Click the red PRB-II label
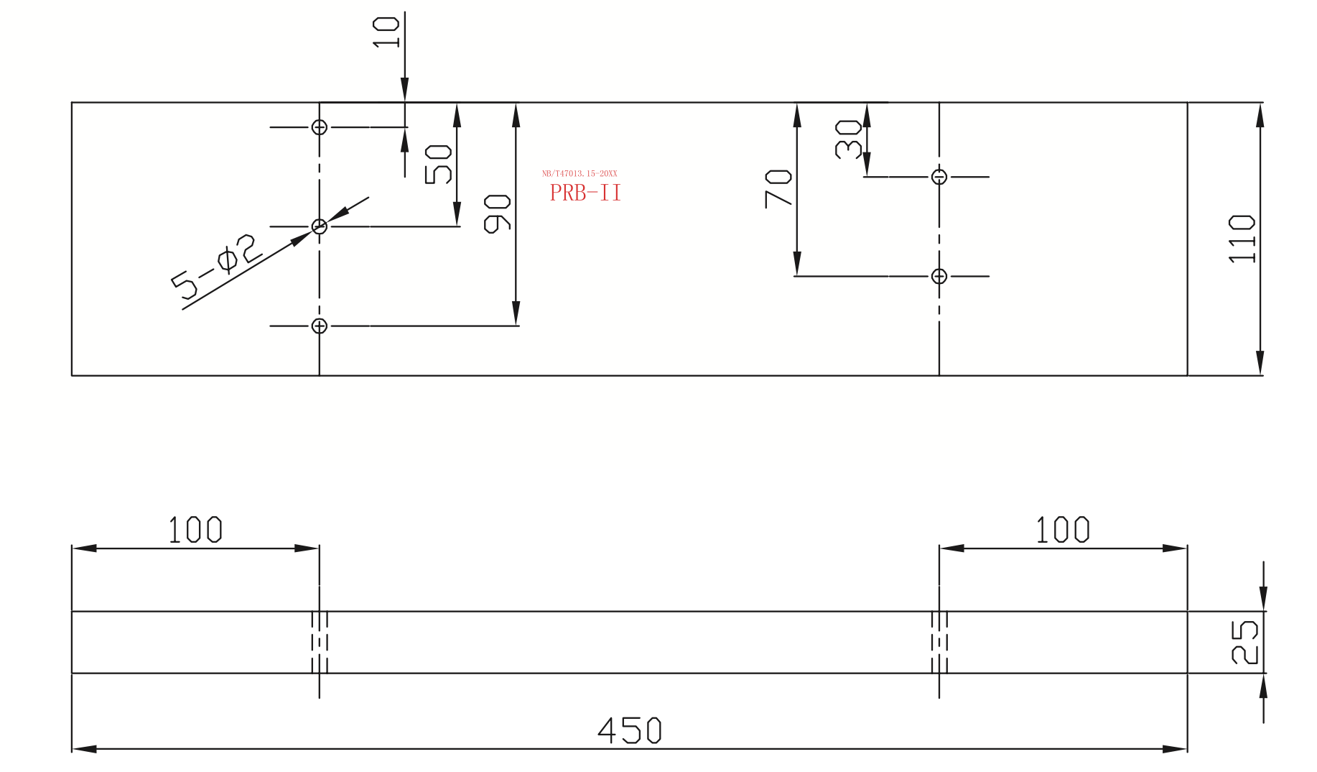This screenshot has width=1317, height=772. click(585, 193)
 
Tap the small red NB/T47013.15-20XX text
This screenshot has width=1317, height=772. click(580, 173)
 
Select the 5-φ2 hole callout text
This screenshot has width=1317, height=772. click(216, 265)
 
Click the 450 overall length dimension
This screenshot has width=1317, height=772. click(629, 730)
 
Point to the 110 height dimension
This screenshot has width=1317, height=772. click(1242, 239)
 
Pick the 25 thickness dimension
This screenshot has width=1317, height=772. click(1245, 642)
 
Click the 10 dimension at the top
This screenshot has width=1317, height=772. click(386, 32)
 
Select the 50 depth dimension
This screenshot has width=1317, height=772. click(438, 164)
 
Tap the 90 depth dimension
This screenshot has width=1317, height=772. click(497, 213)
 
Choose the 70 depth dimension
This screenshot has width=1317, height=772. click(778, 188)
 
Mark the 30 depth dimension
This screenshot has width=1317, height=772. click(848, 139)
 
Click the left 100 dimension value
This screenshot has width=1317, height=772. click(195, 530)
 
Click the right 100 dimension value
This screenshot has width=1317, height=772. click(1062, 530)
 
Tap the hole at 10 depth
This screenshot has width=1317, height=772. click(320, 127)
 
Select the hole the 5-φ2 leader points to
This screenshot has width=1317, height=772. click(320, 226)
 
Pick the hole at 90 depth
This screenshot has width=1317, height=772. click(320, 326)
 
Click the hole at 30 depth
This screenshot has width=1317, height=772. click(939, 177)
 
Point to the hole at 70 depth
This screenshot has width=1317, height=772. click(939, 276)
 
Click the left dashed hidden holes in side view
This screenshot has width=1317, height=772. click(320, 642)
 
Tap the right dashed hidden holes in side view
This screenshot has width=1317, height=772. click(939, 642)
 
